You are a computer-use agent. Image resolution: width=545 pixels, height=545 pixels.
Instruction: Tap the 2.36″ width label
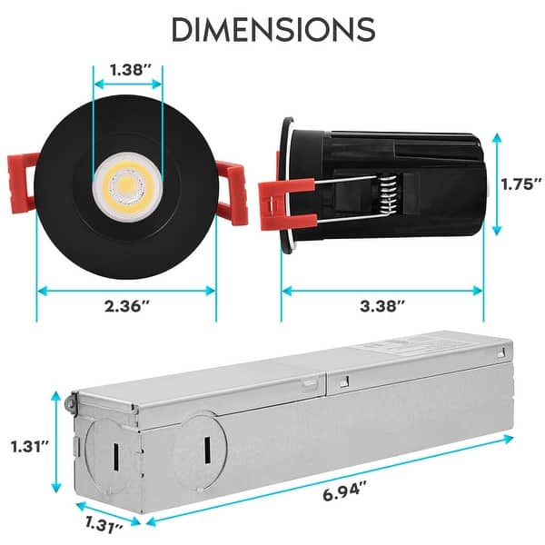[x=126, y=308]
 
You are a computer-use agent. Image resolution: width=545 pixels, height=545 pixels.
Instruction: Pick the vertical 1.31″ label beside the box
[x=29, y=447]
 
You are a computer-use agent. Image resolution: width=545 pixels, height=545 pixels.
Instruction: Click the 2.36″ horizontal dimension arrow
[x=126, y=291]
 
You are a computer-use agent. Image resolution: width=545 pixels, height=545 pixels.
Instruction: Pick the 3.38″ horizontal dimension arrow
[x=381, y=291]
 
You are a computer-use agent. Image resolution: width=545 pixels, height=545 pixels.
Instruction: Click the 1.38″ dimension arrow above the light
[x=126, y=84]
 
